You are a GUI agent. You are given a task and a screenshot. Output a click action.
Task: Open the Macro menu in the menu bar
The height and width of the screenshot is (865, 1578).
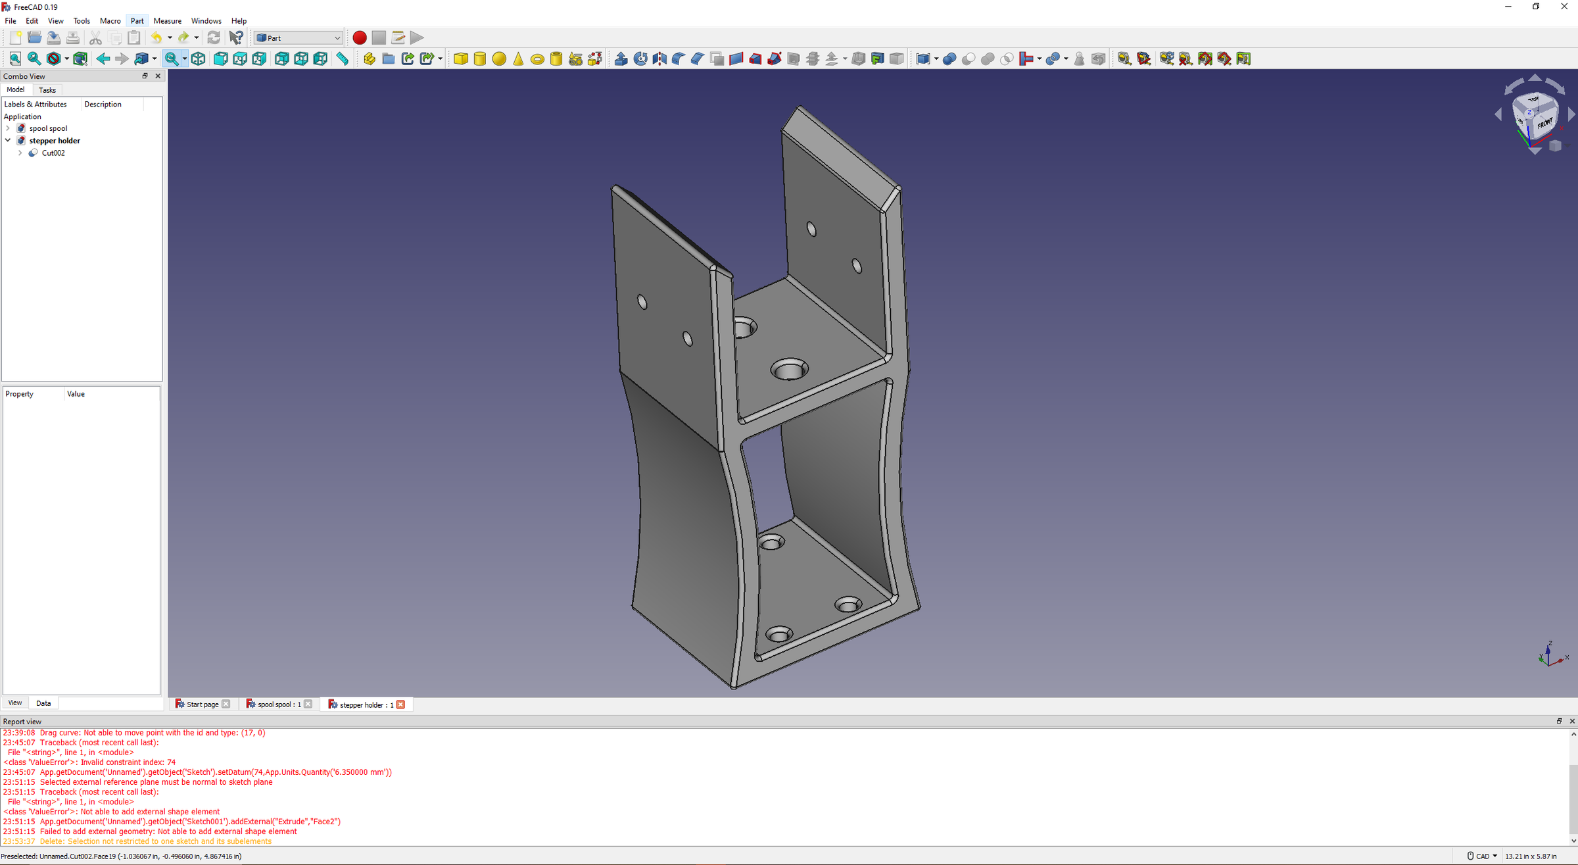110,21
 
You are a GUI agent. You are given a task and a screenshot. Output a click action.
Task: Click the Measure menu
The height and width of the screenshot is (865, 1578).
167,21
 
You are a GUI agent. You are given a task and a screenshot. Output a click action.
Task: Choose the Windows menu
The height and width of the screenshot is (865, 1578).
206,21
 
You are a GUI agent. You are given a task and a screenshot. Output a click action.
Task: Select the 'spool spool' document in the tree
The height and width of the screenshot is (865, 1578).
48,128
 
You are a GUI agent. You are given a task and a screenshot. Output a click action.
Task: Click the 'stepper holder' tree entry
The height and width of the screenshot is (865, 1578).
55,141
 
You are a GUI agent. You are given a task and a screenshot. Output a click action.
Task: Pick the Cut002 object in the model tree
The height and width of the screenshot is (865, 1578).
53,153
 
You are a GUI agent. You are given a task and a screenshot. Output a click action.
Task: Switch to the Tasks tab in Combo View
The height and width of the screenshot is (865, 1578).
47,90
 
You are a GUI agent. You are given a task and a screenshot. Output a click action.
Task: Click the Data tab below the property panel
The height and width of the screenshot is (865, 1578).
43,703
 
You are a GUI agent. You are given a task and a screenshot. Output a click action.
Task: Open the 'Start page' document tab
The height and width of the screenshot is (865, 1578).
203,704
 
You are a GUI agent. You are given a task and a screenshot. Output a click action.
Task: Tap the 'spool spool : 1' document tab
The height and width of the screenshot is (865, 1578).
279,704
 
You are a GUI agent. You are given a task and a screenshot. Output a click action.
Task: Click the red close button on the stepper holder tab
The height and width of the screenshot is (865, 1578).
400,704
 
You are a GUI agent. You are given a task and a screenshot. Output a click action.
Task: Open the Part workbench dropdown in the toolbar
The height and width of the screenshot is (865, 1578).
299,38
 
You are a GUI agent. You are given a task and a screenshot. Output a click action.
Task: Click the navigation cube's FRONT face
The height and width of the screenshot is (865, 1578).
1544,124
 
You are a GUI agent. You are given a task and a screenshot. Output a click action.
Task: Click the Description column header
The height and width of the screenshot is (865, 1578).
103,105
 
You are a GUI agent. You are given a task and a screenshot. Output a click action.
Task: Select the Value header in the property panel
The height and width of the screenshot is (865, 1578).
76,394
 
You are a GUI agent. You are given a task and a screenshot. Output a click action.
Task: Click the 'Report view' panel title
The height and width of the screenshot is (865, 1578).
22,722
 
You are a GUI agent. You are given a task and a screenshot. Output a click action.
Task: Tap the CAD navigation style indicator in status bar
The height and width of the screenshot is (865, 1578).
1482,856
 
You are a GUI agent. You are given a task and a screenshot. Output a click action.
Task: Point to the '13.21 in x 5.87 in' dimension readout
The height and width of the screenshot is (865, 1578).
1531,856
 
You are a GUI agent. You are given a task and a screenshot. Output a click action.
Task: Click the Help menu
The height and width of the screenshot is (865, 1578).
239,21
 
